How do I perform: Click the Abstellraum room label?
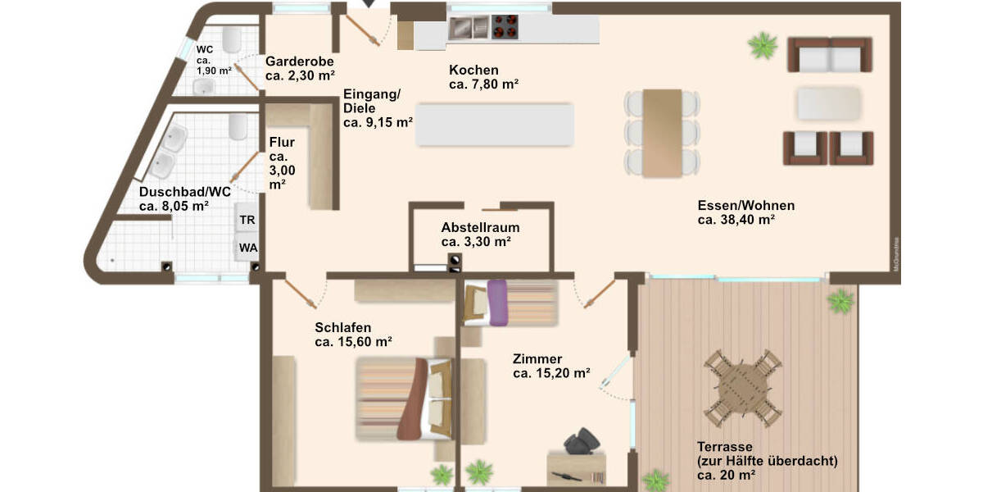coord(480,227)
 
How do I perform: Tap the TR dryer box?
coord(247,220)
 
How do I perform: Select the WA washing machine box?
coord(247,247)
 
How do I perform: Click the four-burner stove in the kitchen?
coord(505,28)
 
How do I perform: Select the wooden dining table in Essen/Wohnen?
coord(663,132)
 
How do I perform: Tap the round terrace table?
coord(743,387)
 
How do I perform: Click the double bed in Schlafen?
coord(404,399)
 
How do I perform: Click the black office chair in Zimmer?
coord(582,441)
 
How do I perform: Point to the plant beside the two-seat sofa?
coord(763,45)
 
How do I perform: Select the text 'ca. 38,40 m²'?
coord(736,220)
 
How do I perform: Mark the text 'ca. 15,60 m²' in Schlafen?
coord(353,342)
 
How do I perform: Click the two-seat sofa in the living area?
coord(829,55)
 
